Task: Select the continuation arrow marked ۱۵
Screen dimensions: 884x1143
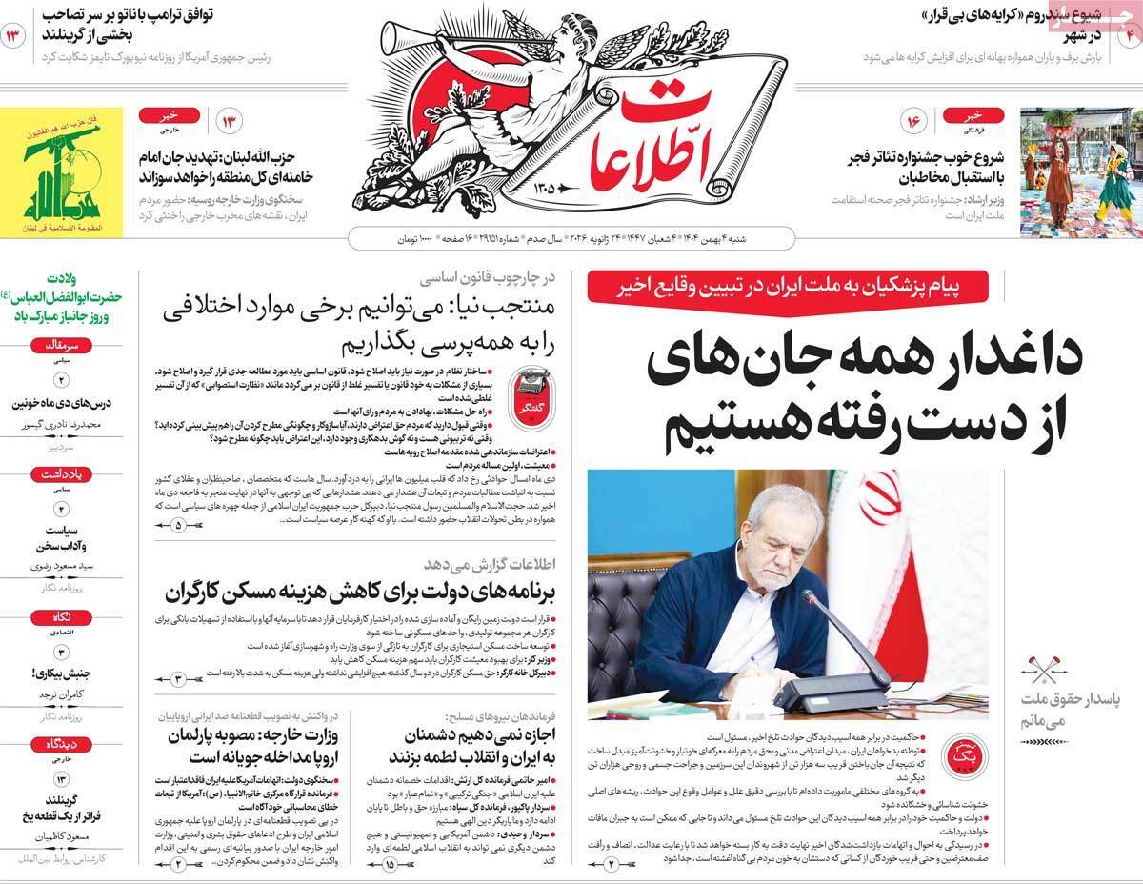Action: click(x=391, y=863)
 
